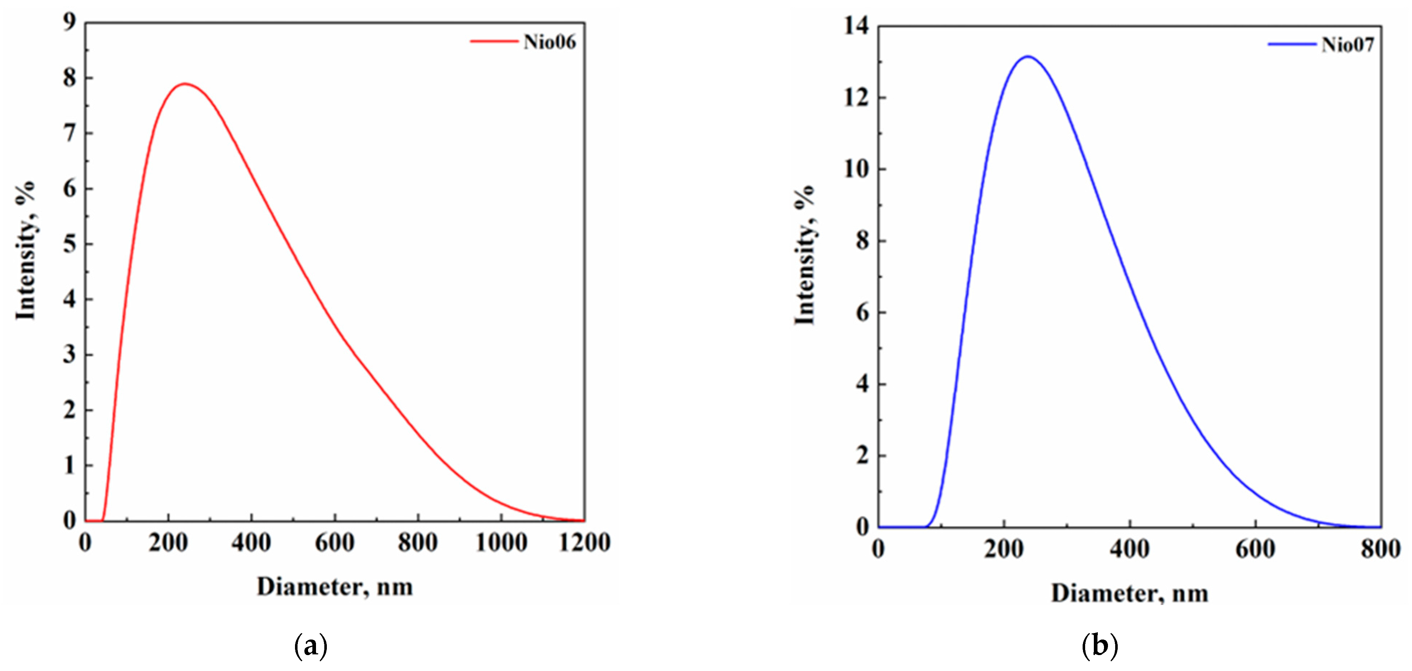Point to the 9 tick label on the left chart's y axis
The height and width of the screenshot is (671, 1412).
tap(69, 22)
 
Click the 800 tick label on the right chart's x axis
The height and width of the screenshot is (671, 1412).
tap(1380, 548)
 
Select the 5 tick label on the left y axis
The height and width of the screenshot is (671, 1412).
tap(69, 244)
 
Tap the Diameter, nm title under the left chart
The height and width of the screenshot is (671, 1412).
tap(334, 587)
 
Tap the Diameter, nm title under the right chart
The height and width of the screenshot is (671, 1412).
tap(1129, 594)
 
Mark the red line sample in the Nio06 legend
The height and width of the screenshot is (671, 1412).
tap(493, 42)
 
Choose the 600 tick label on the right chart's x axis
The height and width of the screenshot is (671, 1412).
tap(1255, 548)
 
